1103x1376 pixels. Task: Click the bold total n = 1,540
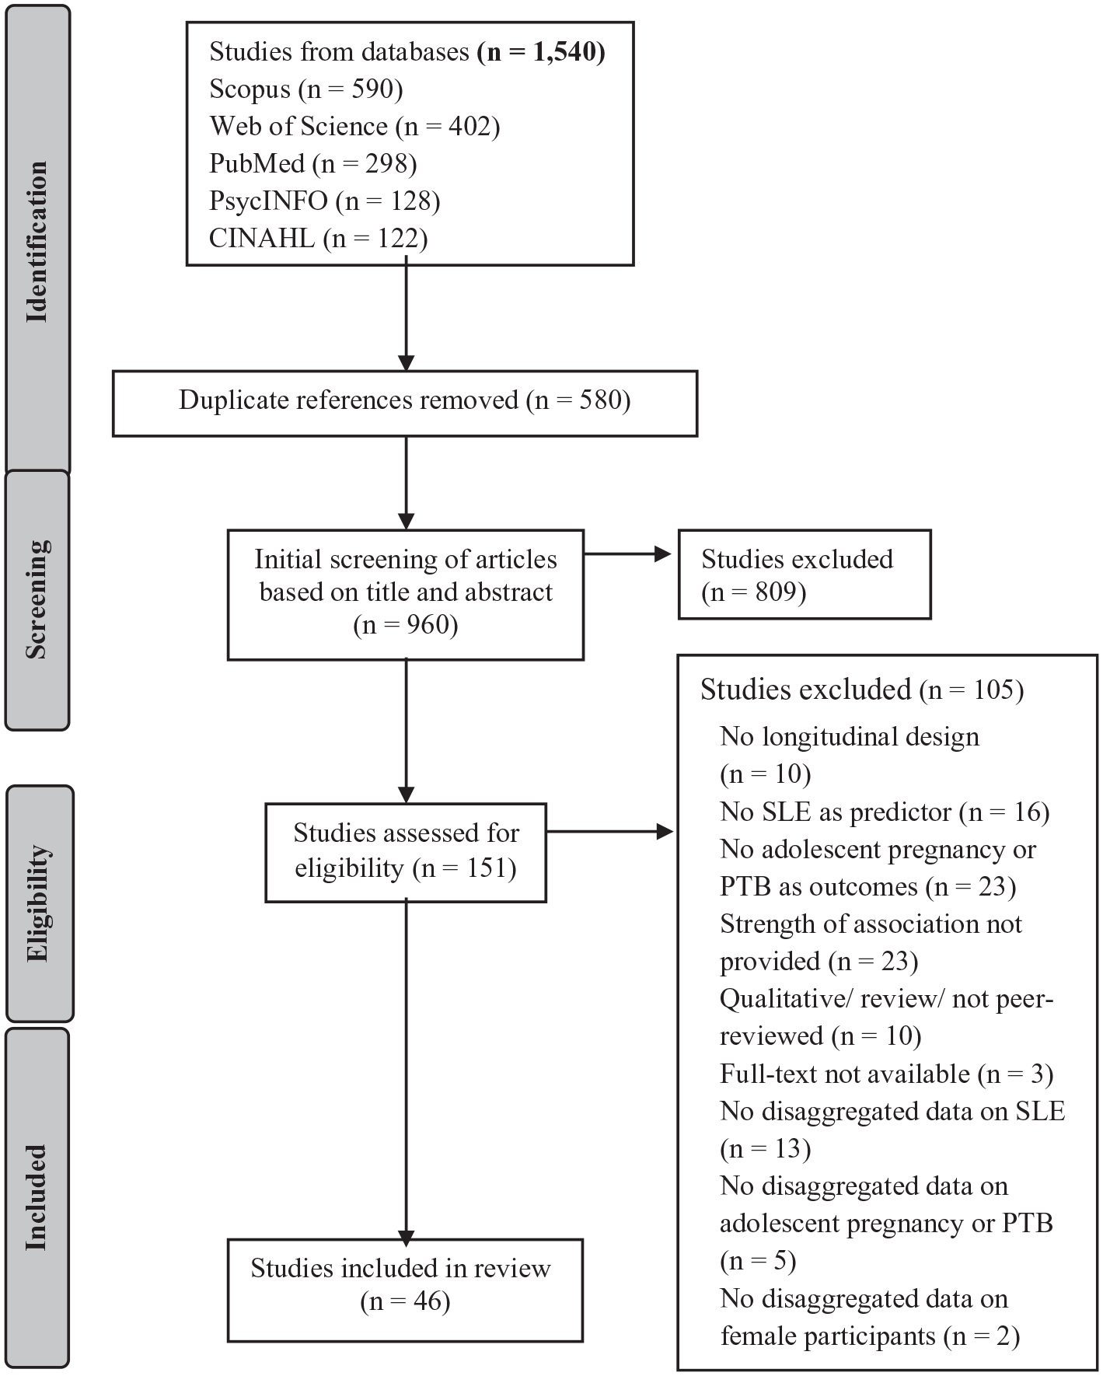[x=541, y=52]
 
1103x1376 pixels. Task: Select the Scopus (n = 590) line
[x=306, y=89]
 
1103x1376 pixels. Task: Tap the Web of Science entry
[x=354, y=127]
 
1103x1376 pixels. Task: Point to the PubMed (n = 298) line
[x=313, y=164]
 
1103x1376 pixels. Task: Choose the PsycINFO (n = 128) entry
[x=325, y=201]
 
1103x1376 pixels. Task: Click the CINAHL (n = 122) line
[x=319, y=239]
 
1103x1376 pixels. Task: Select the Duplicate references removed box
[x=405, y=403]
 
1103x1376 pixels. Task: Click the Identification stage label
[x=37, y=241]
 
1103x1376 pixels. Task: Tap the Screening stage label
[x=37, y=600]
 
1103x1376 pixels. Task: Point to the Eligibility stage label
[x=39, y=903]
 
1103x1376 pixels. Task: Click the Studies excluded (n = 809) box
[x=805, y=574]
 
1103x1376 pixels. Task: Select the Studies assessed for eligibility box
[x=406, y=853]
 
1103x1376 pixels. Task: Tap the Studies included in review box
[x=405, y=1290]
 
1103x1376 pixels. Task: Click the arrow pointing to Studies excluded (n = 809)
[x=627, y=554]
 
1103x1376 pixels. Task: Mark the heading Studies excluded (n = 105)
[x=862, y=690]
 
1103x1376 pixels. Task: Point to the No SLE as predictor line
[x=885, y=812]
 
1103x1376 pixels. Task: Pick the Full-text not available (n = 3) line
[x=887, y=1074]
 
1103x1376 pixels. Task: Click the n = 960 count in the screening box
[x=405, y=625]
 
